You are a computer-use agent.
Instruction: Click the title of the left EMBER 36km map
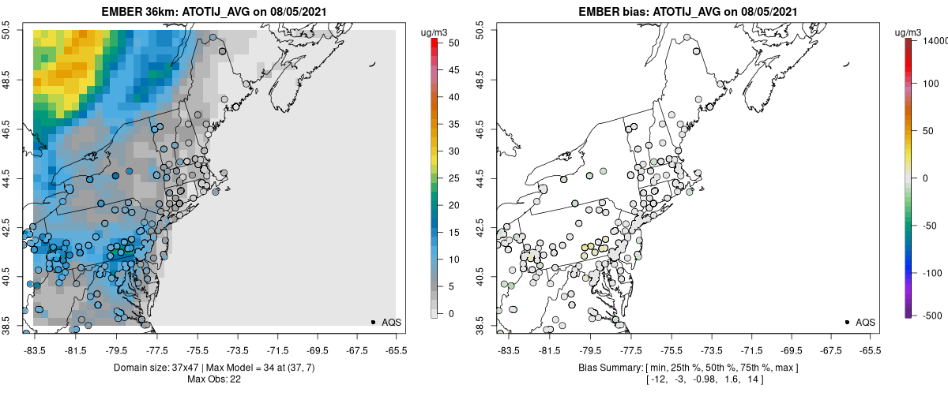[x=214, y=13]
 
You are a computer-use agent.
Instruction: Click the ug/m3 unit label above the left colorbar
[x=435, y=32]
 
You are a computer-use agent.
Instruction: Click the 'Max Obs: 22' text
[x=214, y=379]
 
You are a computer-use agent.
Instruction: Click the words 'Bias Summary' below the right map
[x=604, y=368]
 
